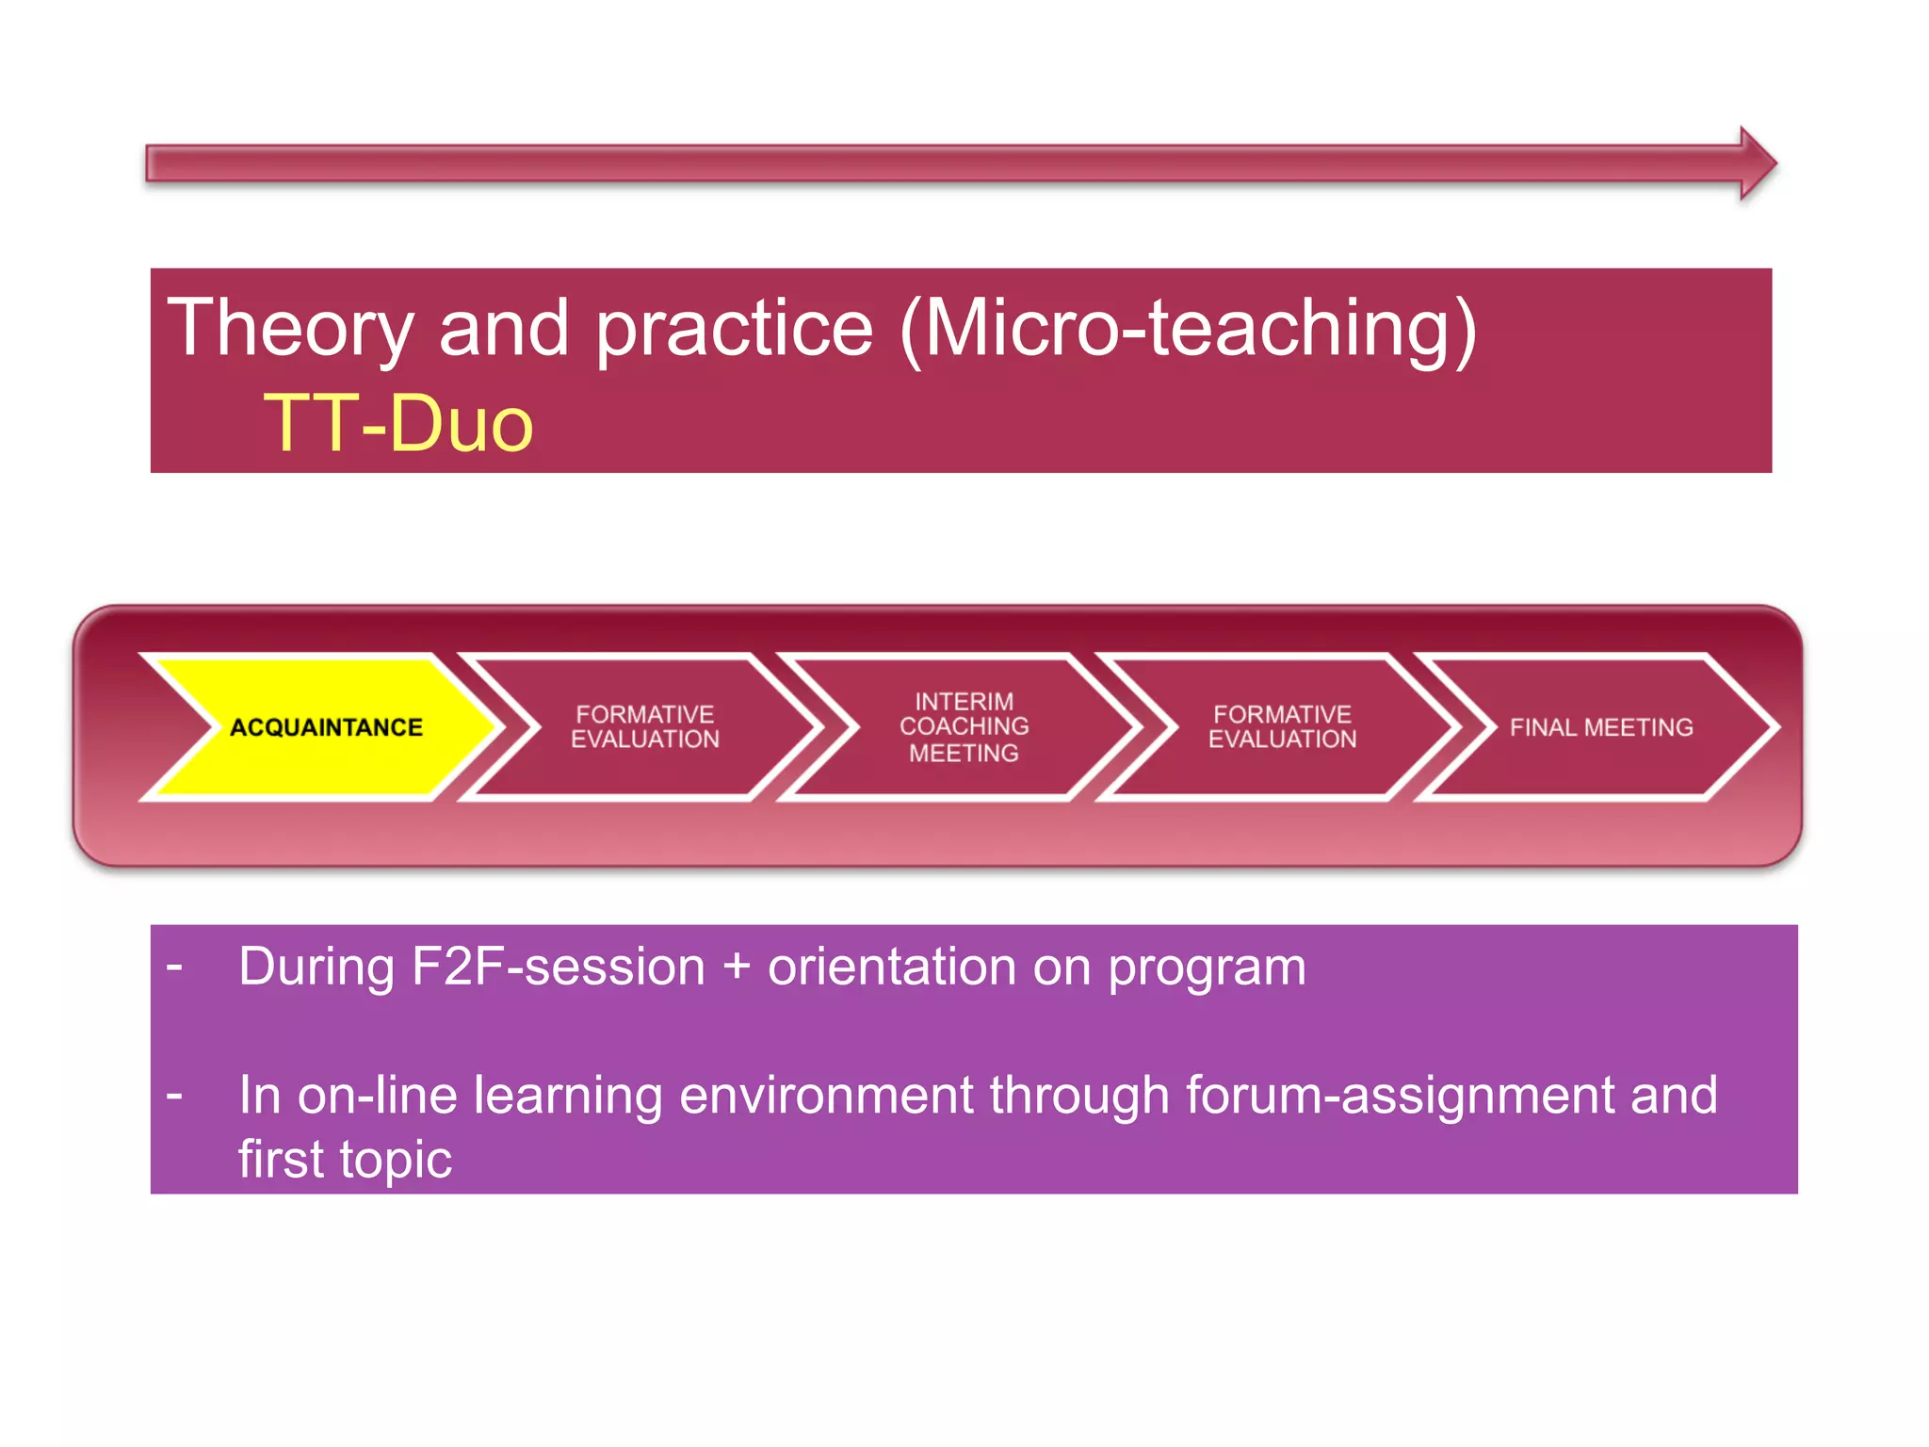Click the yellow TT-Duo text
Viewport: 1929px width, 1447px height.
pyautogui.click(x=398, y=424)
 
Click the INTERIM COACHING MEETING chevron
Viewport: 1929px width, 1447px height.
pyautogui.click(x=964, y=727)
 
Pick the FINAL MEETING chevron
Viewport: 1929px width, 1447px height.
pyautogui.click(x=1600, y=727)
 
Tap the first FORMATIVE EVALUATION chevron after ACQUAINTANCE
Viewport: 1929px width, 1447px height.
pyautogui.click(x=645, y=727)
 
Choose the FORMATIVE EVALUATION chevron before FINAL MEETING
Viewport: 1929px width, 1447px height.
pyautogui.click(x=1282, y=727)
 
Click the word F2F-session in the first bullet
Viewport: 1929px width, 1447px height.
pyautogui.click(x=559, y=967)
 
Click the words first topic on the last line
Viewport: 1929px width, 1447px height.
pyautogui.click(x=345, y=1160)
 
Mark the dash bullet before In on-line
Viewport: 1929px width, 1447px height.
pyautogui.click(x=174, y=1096)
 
